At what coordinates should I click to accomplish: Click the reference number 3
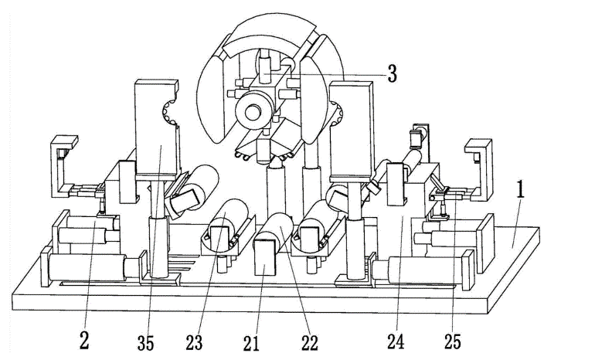(x=392, y=74)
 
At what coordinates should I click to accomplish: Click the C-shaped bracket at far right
(x=480, y=166)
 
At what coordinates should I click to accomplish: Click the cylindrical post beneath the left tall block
(x=157, y=247)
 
